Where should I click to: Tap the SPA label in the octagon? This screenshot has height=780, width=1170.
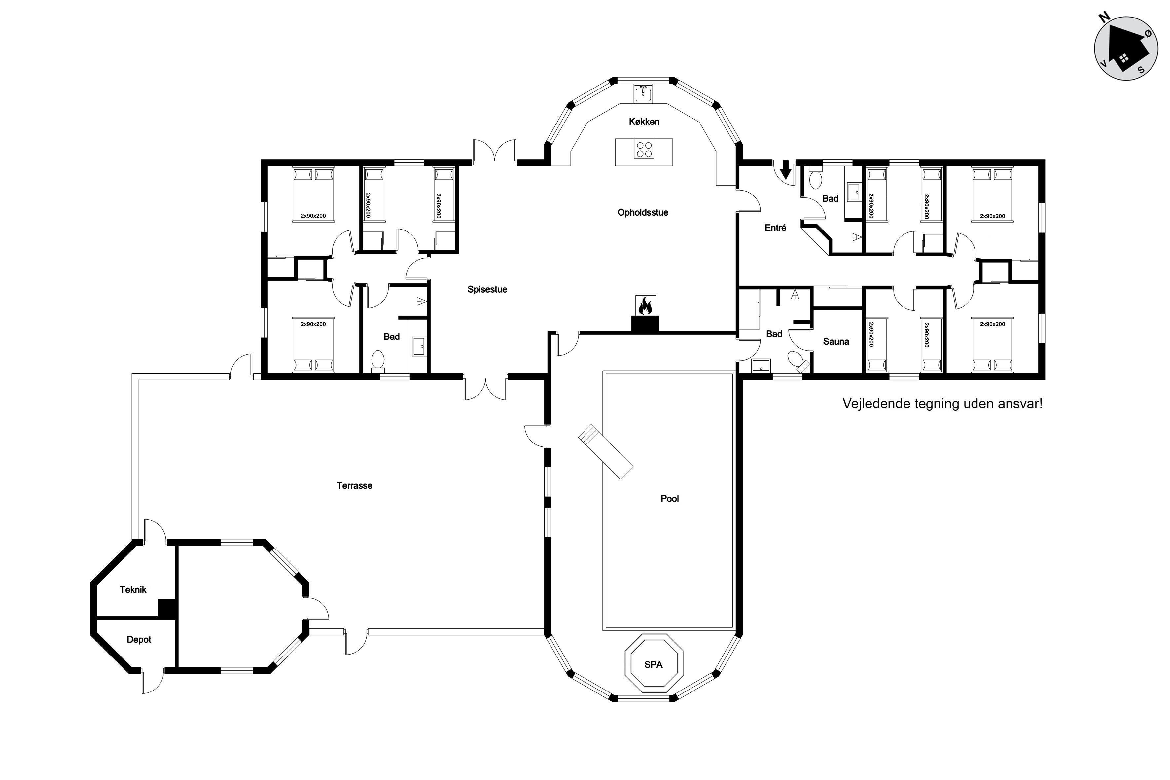point(653,665)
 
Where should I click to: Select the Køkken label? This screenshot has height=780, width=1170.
point(644,122)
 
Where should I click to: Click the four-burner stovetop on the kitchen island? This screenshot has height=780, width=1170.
point(644,149)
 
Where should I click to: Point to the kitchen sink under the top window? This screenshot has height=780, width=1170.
point(643,94)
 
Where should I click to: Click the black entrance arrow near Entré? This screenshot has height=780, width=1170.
point(786,170)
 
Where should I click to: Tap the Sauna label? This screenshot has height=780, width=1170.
point(836,342)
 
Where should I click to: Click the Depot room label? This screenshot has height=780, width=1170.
point(139,640)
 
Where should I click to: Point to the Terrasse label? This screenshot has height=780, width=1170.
point(354,485)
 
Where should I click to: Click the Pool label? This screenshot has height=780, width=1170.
point(670,498)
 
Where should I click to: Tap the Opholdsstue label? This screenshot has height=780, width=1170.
point(643,212)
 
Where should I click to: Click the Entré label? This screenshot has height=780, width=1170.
point(775,228)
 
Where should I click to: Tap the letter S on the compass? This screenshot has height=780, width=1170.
point(1141,70)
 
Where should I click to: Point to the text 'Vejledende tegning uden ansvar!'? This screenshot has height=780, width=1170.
point(942,404)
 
